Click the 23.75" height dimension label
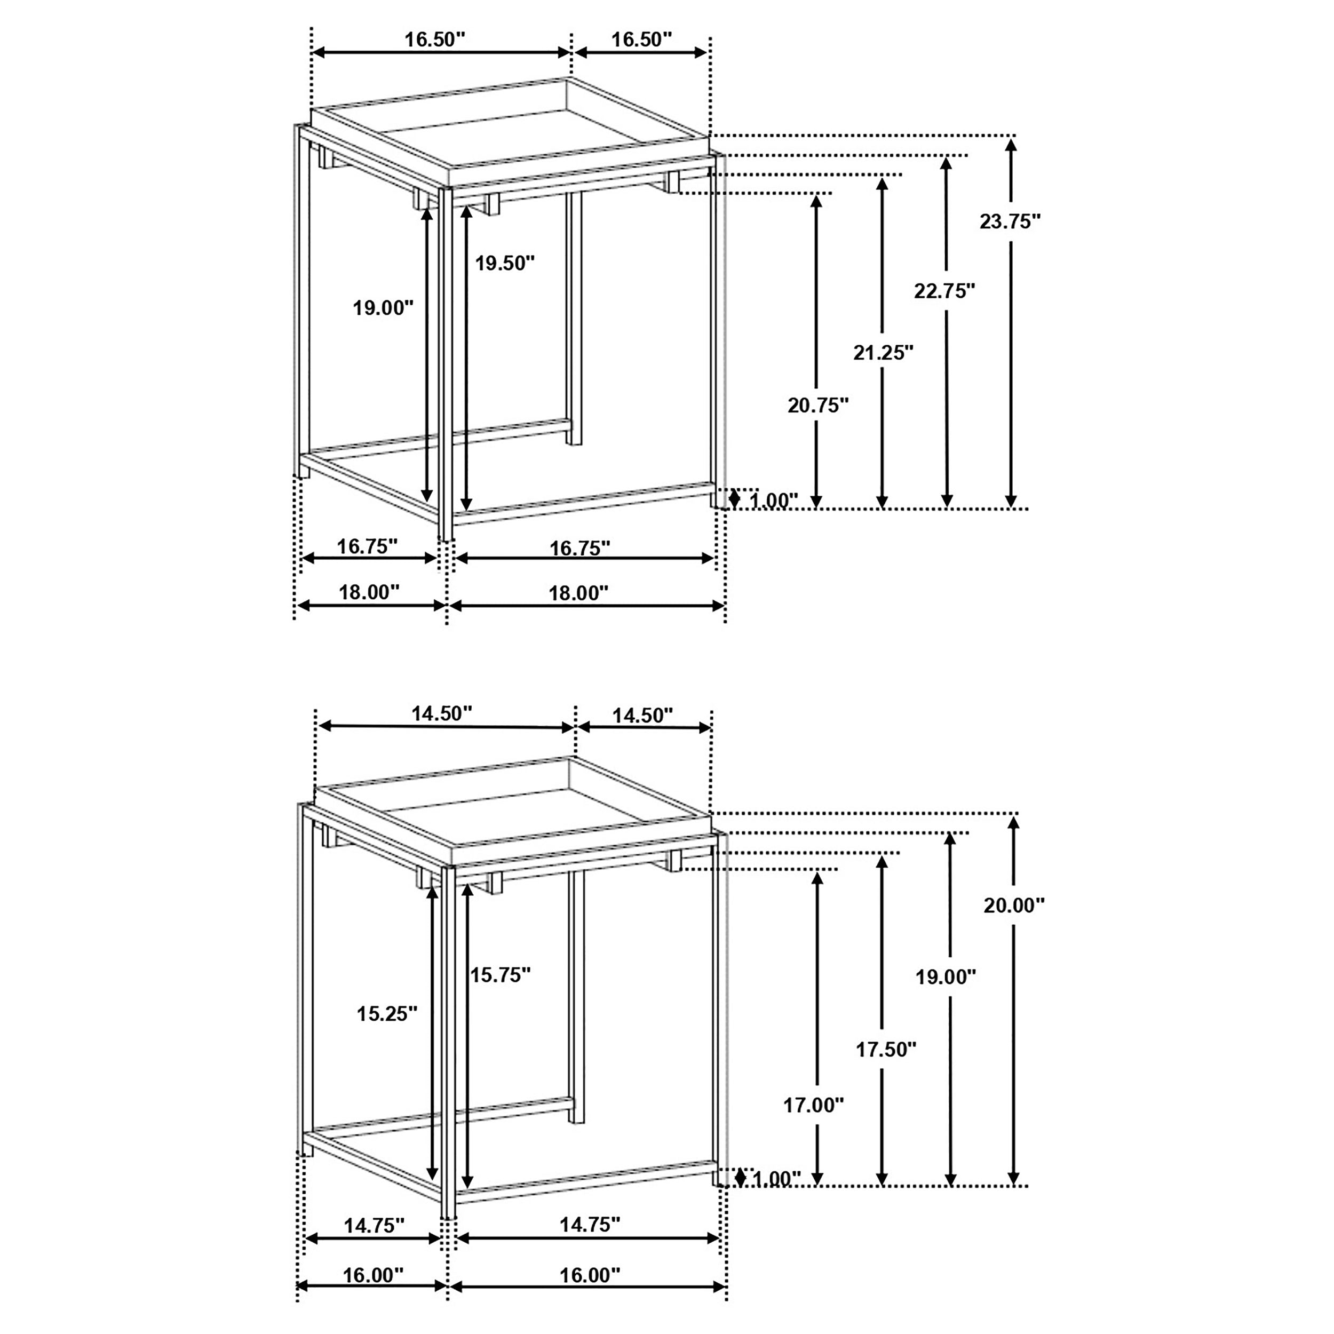click(x=1010, y=221)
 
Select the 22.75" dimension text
click(x=944, y=291)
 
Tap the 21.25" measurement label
click(x=883, y=353)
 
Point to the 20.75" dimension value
click(x=817, y=406)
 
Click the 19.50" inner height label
click(x=505, y=263)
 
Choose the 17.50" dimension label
click(x=886, y=1050)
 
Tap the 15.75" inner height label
click(x=500, y=974)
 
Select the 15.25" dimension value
click(x=387, y=1014)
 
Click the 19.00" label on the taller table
click(x=383, y=308)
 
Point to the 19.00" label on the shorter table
click(x=945, y=976)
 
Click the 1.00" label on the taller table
click(x=773, y=501)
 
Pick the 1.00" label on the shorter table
click(x=775, y=1179)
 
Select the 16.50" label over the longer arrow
click(x=435, y=39)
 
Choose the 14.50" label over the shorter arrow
click(x=642, y=716)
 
